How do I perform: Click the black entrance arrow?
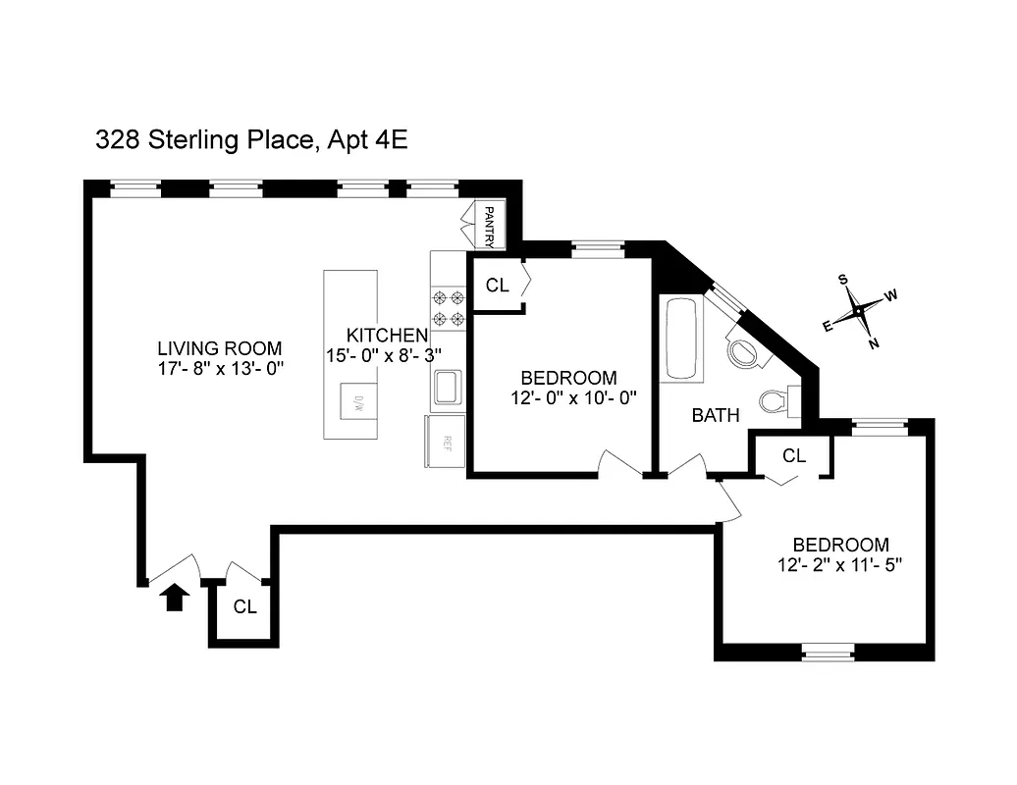click(x=174, y=597)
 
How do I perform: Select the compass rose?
click(x=859, y=311)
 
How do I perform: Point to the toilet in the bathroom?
click(x=776, y=399)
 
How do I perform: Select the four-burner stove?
click(x=448, y=307)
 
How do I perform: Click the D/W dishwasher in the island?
click(x=358, y=402)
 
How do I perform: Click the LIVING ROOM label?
click(x=220, y=348)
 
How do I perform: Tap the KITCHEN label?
click(x=387, y=336)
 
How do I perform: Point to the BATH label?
click(x=716, y=415)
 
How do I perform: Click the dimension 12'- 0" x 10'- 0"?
click(x=569, y=398)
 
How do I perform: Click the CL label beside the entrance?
click(x=244, y=607)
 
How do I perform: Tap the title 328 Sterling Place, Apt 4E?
click(x=251, y=140)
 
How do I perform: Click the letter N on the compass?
click(x=874, y=342)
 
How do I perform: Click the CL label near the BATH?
click(x=794, y=456)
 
